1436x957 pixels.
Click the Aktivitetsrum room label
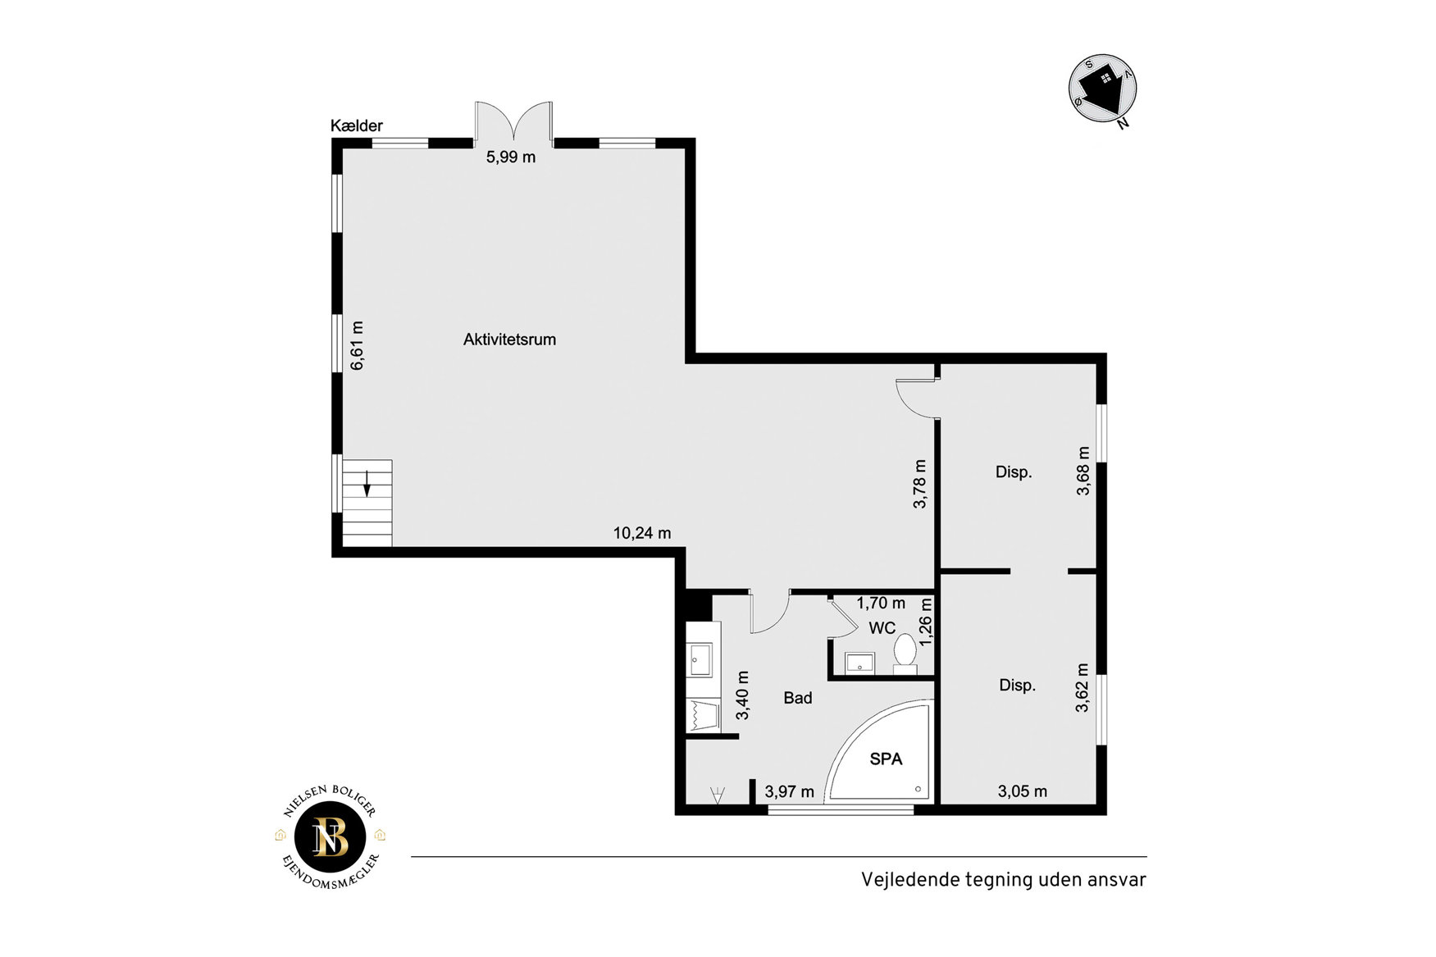[x=509, y=340]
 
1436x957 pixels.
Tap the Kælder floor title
[x=357, y=125]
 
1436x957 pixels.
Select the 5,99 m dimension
[x=511, y=157]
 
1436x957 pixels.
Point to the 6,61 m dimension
[x=357, y=345]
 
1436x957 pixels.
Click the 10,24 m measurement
[x=642, y=533]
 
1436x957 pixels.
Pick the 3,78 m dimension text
[x=919, y=484]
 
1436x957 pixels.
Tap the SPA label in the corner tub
[x=886, y=759]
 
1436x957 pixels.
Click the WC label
[x=882, y=628]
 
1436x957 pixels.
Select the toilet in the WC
[x=905, y=654]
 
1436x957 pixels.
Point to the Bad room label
[x=798, y=698]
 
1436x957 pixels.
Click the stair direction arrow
[x=367, y=484]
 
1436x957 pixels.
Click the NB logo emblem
[x=331, y=836]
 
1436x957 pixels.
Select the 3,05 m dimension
[x=1023, y=791]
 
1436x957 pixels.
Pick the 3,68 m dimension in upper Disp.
[x=1083, y=471]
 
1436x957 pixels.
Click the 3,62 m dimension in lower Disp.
[x=1082, y=687]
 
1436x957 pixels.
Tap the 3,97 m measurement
[x=790, y=791]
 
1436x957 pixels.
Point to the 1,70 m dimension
[x=881, y=604]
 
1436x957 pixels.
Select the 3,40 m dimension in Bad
[x=742, y=695]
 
